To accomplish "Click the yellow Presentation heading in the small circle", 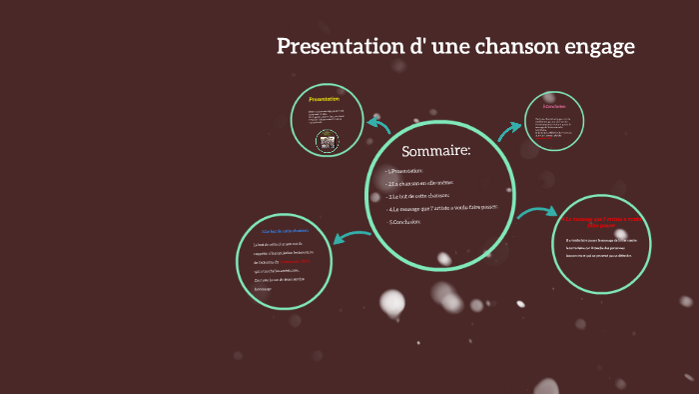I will point(325,99).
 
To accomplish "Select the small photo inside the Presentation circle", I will point(325,141).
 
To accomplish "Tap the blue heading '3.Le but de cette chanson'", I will point(286,232).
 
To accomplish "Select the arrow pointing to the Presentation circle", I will point(379,124).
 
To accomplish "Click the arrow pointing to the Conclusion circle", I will point(510,130).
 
